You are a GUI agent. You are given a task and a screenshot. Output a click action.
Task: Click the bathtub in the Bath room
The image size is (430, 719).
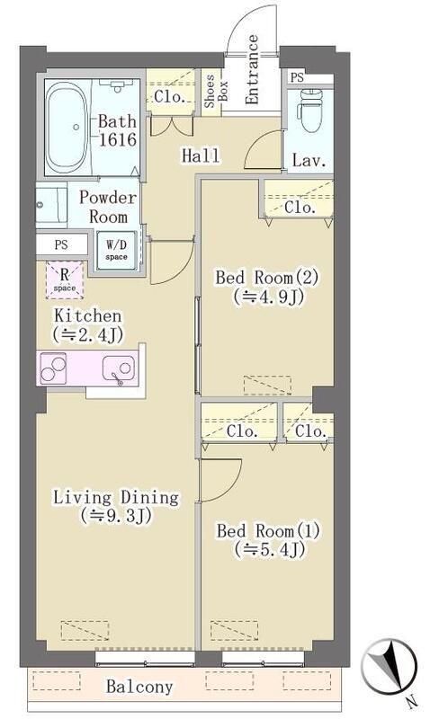67,127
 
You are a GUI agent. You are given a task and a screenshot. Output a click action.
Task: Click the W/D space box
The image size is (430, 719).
117,252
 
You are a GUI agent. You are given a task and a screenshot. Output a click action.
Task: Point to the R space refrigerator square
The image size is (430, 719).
64,280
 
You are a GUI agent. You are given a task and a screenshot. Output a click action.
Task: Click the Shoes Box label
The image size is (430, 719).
215,92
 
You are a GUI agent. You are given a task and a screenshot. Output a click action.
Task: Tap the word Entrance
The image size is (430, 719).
252,70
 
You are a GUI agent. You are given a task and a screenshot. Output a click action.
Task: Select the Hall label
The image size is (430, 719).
201,155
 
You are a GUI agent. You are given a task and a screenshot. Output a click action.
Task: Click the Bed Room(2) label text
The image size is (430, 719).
266,278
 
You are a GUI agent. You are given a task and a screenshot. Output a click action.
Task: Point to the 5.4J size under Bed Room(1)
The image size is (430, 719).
269,549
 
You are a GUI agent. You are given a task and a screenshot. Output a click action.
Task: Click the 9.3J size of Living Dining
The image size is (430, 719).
116,515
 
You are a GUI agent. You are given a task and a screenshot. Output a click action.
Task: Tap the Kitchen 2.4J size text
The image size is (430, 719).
87,334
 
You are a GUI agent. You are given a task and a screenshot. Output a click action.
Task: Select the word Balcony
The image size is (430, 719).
139,686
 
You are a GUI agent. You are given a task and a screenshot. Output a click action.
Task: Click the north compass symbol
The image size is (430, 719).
390,664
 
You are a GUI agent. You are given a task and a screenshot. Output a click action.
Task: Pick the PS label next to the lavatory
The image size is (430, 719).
297,77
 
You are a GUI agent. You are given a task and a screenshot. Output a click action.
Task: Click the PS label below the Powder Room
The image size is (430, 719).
61,244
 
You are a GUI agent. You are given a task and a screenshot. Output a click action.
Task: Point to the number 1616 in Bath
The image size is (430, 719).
118,139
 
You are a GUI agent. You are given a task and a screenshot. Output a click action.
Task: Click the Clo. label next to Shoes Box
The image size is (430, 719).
169,97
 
